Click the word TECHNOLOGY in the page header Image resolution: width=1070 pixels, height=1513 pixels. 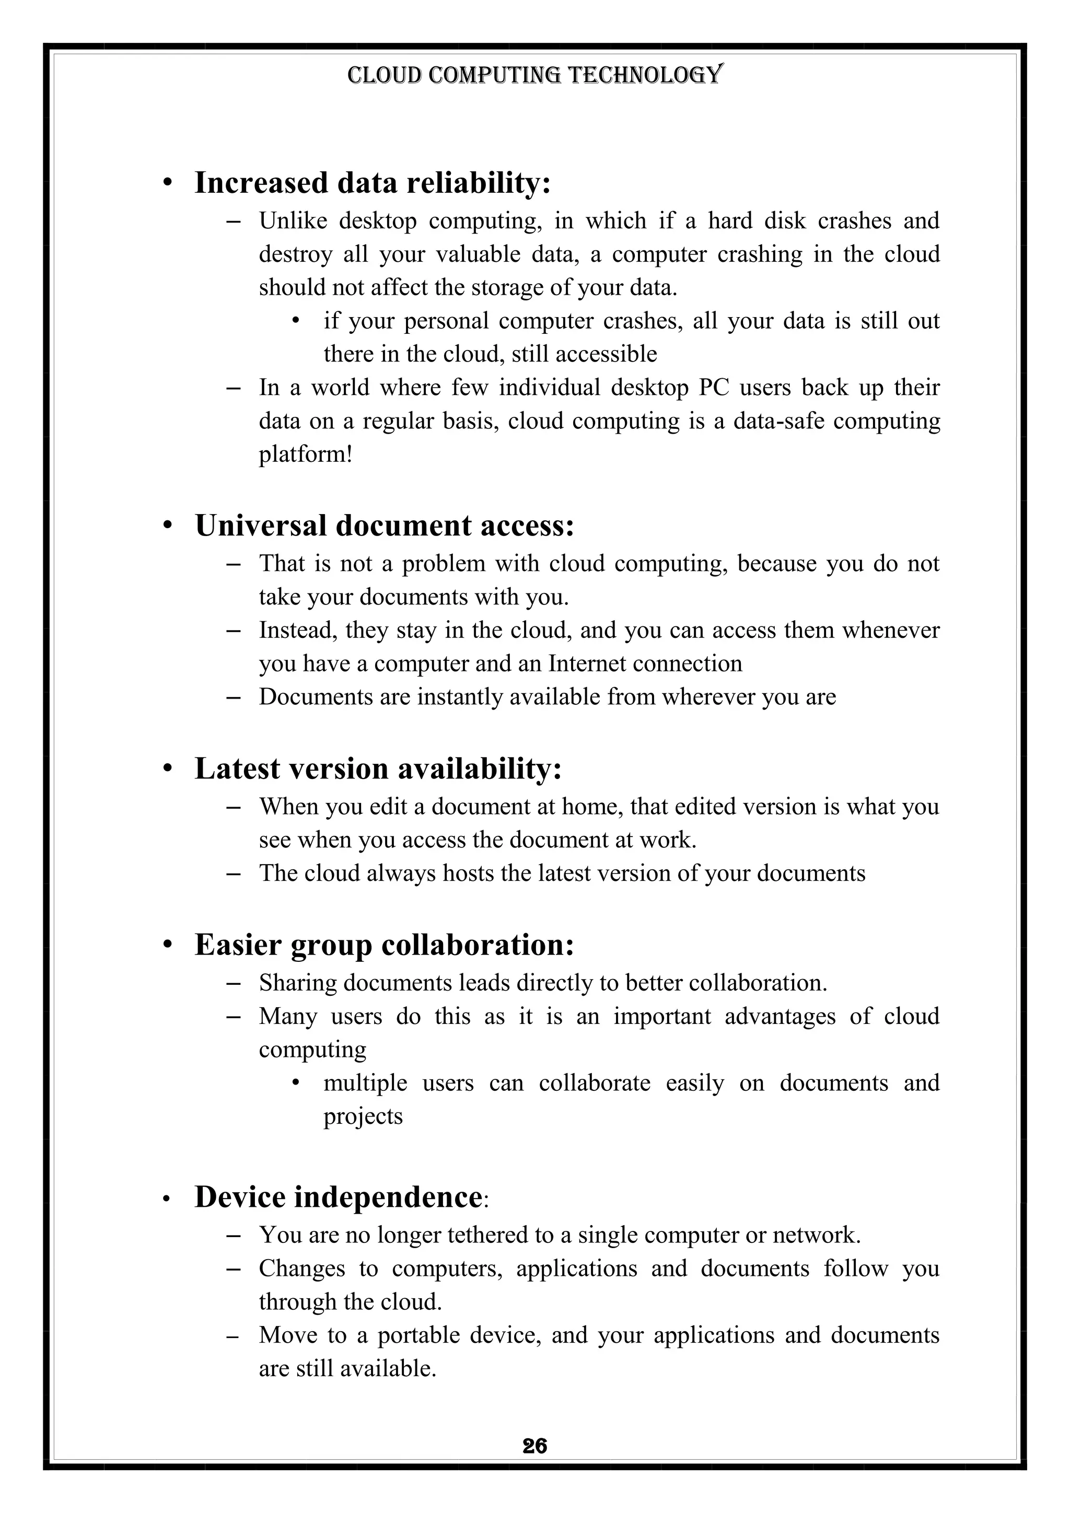(x=645, y=75)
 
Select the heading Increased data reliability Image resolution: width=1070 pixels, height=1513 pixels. (x=373, y=183)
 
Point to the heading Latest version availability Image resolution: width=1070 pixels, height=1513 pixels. (x=378, y=769)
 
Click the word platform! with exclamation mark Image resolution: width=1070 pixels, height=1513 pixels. (x=306, y=455)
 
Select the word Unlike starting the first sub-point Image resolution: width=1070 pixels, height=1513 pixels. (x=293, y=221)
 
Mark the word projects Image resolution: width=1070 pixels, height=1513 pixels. (x=363, y=1116)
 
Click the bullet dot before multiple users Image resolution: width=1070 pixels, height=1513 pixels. (x=296, y=1083)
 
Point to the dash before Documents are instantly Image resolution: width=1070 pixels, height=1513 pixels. (x=232, y=697)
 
